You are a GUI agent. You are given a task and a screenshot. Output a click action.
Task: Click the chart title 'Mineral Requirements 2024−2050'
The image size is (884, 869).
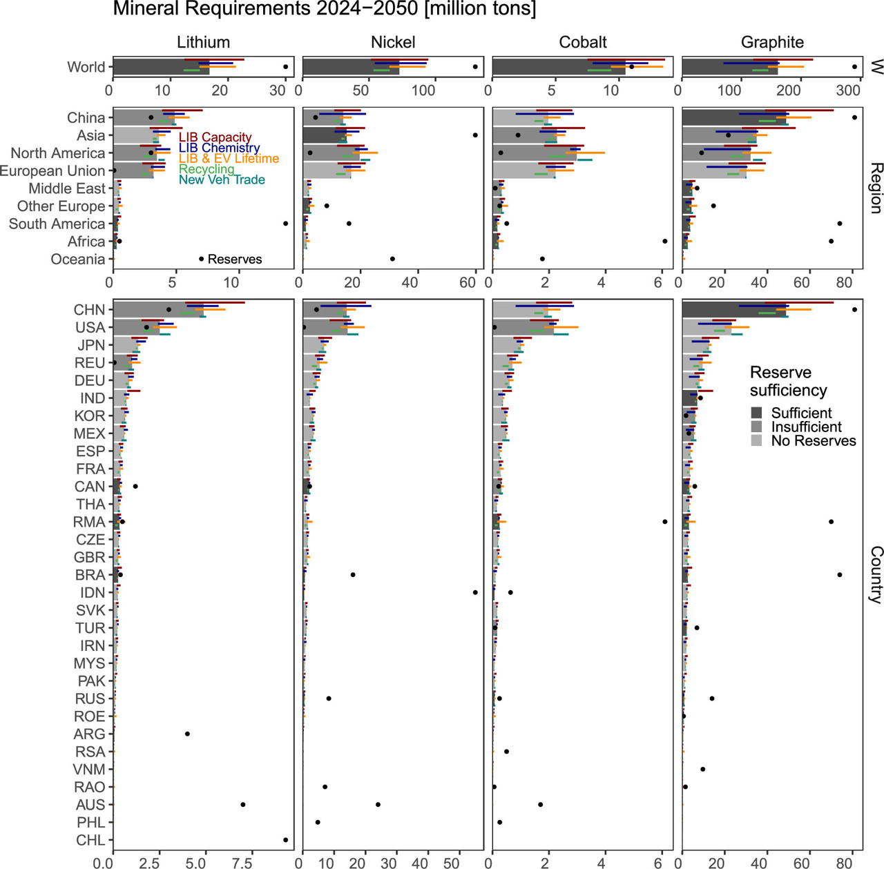(324, 9)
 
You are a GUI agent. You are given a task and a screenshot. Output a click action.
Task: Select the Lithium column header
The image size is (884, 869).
(203, 42)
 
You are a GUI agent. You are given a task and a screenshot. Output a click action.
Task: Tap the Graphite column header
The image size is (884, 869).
(772, 42)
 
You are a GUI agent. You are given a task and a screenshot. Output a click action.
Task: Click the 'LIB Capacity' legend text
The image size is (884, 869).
(215, 137)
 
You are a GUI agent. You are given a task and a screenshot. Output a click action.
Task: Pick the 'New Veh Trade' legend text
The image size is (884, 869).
(222, 179)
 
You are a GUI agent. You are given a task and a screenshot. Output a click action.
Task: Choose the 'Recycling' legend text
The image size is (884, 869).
(206, 169)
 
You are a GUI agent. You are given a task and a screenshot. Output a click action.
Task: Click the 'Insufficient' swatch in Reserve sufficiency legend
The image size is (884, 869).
(757, 427)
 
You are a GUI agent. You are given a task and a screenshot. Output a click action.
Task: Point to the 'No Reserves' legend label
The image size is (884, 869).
(814, 441)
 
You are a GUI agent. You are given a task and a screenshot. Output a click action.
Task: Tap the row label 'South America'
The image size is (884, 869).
(57, 224)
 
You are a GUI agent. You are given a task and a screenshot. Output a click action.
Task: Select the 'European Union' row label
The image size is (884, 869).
(52, 170)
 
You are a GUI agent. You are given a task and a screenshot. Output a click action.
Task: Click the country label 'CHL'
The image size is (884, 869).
(90, 840)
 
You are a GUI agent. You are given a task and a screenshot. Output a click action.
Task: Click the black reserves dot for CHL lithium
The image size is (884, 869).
(285, 840)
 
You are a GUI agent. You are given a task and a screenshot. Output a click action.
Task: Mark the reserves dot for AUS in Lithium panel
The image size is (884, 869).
(242, 805)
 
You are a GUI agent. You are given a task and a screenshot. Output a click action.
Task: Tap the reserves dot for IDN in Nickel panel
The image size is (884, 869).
(475, 592)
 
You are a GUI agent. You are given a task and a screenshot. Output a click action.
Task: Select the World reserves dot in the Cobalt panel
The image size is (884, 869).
(631, 67)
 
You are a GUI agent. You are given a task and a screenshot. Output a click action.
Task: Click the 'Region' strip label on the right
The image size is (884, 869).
(876, 188)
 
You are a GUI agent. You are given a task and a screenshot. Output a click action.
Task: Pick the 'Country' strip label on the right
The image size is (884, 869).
(876, 574)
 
